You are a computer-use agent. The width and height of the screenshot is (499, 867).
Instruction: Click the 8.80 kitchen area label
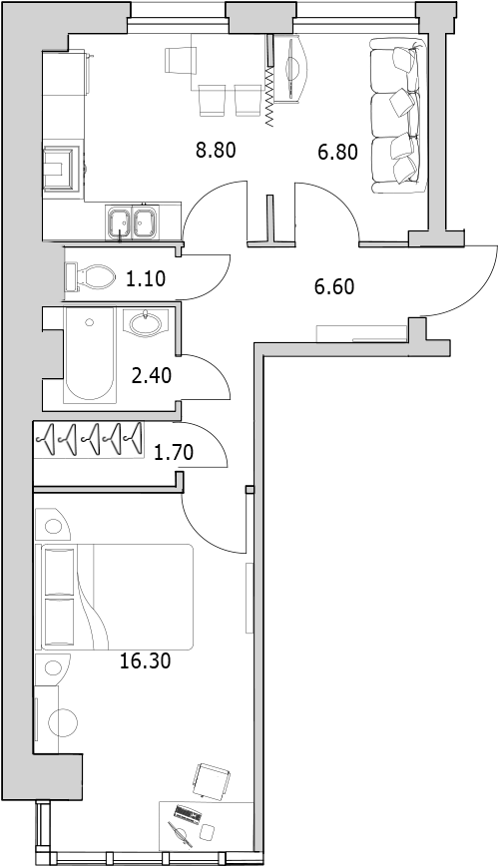pos(217,150)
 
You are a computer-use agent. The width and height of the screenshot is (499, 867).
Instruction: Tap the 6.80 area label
pos(337,151)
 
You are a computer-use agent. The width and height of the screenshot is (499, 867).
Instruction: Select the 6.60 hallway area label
pos(333,287)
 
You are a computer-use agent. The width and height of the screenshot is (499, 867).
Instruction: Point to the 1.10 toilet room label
pos(146,279)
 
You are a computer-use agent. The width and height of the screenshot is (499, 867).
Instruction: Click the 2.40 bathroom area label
pos(151,376)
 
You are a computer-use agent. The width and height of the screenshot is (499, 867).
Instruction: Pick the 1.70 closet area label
pos(174,453)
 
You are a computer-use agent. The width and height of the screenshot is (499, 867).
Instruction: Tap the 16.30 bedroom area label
pos(146,660)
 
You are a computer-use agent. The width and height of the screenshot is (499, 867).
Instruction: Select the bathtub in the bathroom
pos(90,354)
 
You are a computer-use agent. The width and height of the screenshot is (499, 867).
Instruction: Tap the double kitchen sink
pos(133,222)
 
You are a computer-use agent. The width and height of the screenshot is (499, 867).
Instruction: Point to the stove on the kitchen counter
pos(62,168)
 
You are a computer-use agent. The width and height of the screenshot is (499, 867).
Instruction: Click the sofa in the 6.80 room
pos(398,116)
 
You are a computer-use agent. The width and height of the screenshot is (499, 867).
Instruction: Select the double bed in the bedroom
pos(115,597)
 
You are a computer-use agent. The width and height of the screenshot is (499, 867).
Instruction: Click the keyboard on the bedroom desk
pos(187,813)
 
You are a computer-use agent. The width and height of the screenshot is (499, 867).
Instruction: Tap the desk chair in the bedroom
pos(212,780)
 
